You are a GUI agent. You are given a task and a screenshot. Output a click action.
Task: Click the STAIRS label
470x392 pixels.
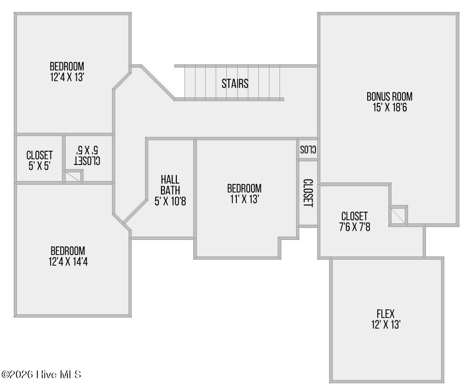tap(235, 84)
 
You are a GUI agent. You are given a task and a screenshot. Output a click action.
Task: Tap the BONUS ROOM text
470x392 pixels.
tap(389, 97)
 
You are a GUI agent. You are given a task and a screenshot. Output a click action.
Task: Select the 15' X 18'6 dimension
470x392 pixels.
tap(390, 108)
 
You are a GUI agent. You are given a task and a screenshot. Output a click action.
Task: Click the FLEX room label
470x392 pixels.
tap(386, 314)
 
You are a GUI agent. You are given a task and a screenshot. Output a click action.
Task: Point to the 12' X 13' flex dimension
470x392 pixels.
tap(386, 325)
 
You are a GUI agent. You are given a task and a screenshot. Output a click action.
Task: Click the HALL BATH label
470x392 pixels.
tap(170, 185)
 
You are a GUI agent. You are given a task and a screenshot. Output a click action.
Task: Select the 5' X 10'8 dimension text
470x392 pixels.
tap(170, 201)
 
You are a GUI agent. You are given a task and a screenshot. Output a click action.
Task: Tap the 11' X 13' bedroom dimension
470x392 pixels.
tap(245, 199)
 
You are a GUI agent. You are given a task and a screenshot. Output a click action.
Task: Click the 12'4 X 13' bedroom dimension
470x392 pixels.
tap(67, 77)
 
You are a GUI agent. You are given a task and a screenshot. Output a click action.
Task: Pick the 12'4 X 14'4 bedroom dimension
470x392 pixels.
tap(68, 262)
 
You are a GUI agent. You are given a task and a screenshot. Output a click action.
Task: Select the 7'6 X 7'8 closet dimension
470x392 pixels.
tap(355, 227)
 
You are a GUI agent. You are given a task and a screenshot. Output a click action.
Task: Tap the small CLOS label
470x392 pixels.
tap(308, 149)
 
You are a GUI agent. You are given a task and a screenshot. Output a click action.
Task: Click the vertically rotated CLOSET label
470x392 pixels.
tap(308, 193)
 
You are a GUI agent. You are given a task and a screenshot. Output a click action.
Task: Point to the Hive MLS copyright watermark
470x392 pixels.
tap(41, 375)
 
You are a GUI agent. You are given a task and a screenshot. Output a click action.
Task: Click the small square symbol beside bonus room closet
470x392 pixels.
tap(398, 216)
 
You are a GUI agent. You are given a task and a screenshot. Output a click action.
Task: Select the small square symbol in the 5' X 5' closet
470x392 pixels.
tap(73, 176)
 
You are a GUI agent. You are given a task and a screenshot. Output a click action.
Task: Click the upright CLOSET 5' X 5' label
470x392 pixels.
tap(39, 160)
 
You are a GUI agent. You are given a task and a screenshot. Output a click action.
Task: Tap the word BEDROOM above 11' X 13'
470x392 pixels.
tap(244, 188)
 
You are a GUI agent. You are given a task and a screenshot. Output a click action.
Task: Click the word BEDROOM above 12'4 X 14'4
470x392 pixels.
tap(68, 251)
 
